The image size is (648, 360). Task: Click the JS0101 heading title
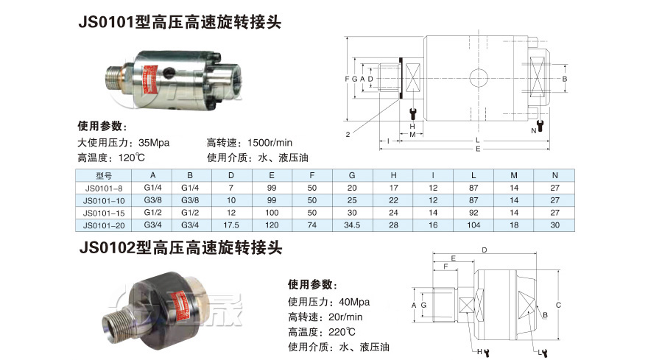(180, 22)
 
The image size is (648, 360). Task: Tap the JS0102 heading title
(180, 248)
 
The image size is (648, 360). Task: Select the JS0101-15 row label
(104, 213)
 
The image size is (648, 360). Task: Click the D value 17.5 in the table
(231, 225)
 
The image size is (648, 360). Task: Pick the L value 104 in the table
(473, 225)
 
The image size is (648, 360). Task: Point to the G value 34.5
(352, 225)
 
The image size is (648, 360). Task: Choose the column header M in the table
(514, 175)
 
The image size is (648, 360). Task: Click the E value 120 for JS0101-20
(272, 225)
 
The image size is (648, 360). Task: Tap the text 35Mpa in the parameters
(154, 143)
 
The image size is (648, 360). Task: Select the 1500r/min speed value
(270, 143)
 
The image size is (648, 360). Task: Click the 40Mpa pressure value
(354, 302)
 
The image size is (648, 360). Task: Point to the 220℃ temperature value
(342, 332)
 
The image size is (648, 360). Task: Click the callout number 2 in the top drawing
(348, 134)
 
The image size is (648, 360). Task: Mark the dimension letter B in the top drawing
(565, 79)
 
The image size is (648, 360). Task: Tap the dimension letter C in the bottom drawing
(558, 306)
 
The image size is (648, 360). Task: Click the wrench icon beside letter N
(540, 126)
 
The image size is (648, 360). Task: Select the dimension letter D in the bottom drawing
(485, 250)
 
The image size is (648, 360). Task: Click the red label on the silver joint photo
(148, 80)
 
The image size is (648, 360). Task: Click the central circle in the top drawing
(478, 78)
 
